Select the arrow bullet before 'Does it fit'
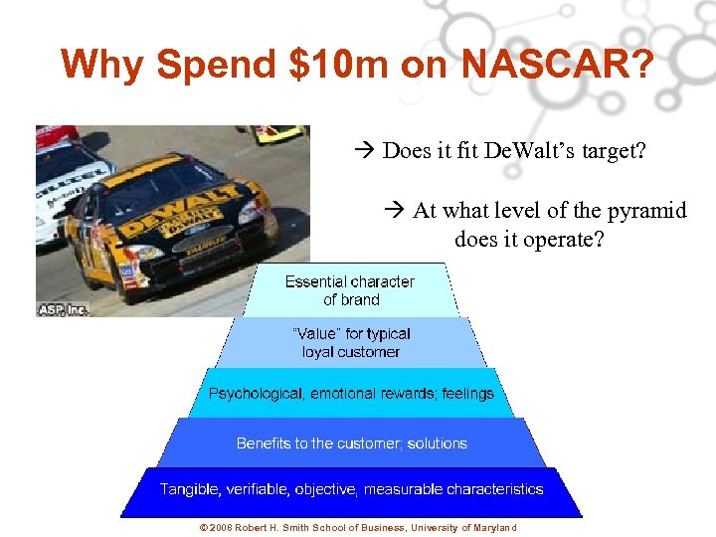pos(363,152)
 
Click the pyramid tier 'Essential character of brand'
pos(350,290)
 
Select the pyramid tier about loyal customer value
pos(350,342)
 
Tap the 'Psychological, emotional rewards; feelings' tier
pos(350,394)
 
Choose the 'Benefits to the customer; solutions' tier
pos(351,444)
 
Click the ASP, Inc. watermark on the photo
pos(64,309)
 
